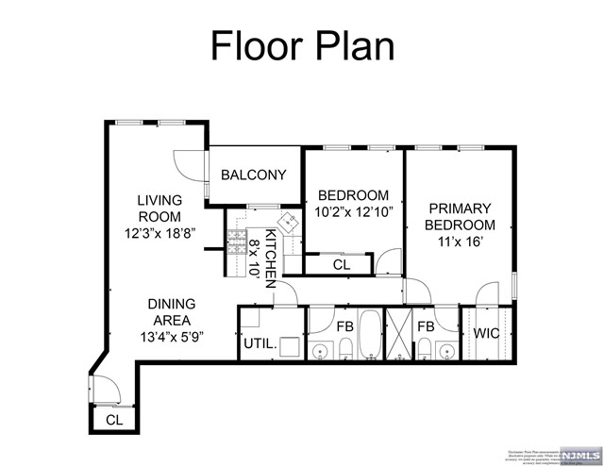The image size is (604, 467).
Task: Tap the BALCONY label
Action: click(253, 175)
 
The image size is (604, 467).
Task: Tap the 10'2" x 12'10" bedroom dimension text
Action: click(352, 212)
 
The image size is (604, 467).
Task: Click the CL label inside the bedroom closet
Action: click(342, 266)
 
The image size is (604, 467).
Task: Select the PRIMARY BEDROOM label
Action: click(460, 216)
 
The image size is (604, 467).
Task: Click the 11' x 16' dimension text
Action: click(460, 242)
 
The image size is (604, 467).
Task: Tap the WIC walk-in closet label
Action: click(487, 333)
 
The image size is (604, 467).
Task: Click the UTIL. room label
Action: click(260, 344)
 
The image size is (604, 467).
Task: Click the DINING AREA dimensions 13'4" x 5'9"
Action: click(171, 335)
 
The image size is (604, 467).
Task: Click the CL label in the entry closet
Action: click(114, 420)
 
